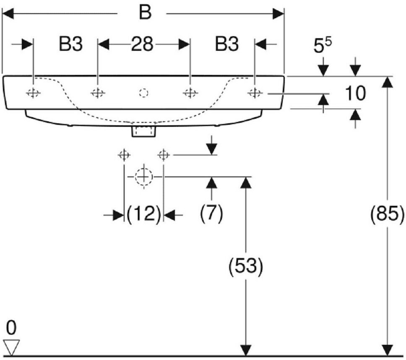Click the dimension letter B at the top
tap(144, 13)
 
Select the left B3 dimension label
tap(70, 44)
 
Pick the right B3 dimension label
tap(227, 44)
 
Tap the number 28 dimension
tap(142, 44)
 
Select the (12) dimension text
tap(144, 215)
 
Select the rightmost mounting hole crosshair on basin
tap(255, 93)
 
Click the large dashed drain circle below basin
tap(143, 177)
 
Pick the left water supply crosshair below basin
tap(124, 155)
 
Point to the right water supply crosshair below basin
tap(163, 155)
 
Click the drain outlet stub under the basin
tap(143, 132)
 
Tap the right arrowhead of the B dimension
tap(278, 14)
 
